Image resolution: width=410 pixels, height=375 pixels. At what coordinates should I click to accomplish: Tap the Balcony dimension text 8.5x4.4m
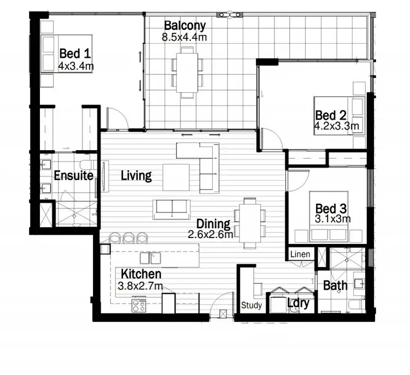click(x=184, y=38)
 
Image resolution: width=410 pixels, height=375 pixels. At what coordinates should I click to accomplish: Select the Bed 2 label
click(x=331, y=115)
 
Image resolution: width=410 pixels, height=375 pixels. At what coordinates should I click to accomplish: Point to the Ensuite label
click(x=73, y=176)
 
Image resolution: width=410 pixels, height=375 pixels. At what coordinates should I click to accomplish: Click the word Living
click(x=136, y=175)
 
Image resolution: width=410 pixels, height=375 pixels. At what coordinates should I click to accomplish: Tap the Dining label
click(x=214, y=223)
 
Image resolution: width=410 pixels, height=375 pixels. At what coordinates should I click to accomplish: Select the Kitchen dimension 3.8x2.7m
click(x=139, y=285)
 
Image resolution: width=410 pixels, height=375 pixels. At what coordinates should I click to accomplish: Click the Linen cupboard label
click(x=300, y=254)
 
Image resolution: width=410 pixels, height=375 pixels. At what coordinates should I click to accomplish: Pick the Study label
click(x=251, y=306)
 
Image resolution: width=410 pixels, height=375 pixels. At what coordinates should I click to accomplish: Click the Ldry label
click(x=299, y=304)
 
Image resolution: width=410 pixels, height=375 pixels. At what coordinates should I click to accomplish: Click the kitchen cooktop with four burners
click(x=139, y=305)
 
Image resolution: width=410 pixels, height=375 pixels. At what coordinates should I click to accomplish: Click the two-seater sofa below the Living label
click(x=172, y=208)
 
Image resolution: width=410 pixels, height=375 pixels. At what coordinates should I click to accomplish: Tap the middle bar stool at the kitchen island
click(x=129, y=237)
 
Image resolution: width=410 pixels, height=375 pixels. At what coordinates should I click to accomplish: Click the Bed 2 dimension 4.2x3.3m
click(x=336, y=127)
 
